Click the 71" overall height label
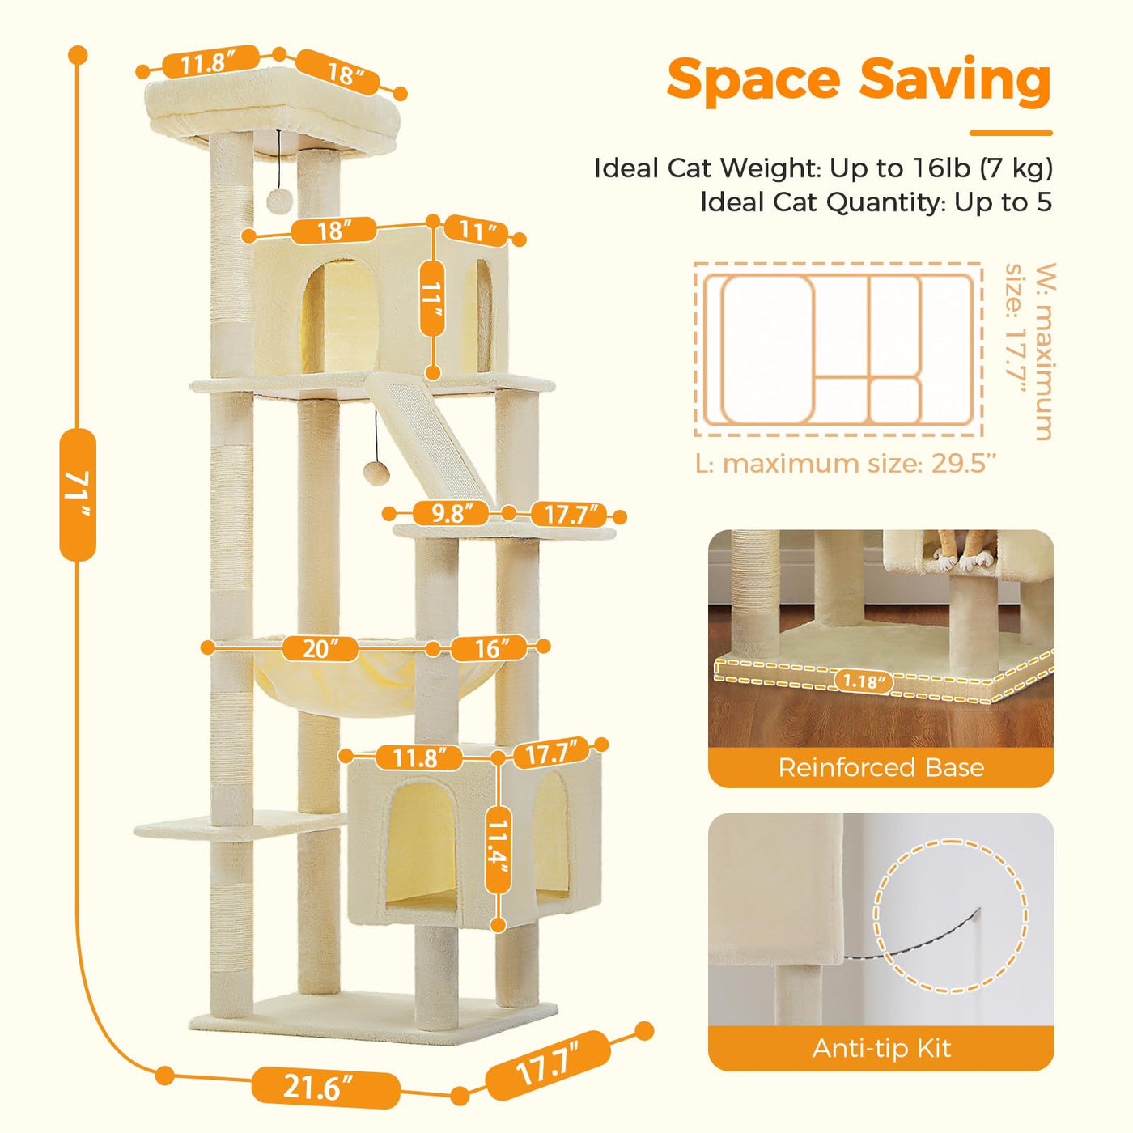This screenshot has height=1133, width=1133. coord(78,494)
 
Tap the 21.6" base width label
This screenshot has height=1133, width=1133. coord(325,1071)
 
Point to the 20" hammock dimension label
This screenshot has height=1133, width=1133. coord(320,648)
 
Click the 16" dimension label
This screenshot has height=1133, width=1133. coord(489,648)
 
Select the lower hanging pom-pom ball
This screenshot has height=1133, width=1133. coord(373,472)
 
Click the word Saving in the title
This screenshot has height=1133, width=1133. coord(955,83)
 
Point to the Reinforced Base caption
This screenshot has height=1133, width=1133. coord(881,767)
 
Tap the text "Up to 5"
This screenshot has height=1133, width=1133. coord(1003,202)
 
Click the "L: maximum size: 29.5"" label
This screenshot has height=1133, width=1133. coord(847,464)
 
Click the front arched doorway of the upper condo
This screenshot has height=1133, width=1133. coord(341,316)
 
